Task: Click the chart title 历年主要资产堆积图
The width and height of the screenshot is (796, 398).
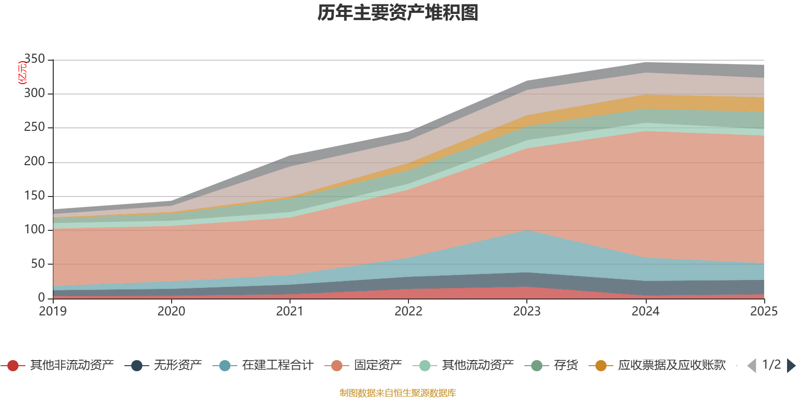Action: pos(398,13)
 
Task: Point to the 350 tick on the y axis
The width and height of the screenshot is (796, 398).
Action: pos(35,59)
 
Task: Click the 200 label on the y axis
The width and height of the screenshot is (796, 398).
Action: pos(35,162)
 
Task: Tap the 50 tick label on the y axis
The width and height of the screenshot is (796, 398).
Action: pos(38,264)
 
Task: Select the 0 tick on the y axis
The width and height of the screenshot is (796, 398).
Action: pos(41,298)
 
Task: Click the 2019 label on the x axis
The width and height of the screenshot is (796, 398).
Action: pos(53,311)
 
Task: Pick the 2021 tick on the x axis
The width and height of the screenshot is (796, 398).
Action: pos(290,311)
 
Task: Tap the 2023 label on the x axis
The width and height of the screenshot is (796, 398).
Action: pos(527,311)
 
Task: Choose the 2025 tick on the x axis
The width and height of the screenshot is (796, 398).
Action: pos(764,311)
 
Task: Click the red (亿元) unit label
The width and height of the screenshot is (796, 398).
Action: pos(22,73)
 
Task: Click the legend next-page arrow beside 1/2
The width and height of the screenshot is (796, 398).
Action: pos(791,366)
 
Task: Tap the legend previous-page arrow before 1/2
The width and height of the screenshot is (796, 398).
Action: pos(752,366)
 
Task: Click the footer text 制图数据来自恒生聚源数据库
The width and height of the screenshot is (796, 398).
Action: pos(398,393)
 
